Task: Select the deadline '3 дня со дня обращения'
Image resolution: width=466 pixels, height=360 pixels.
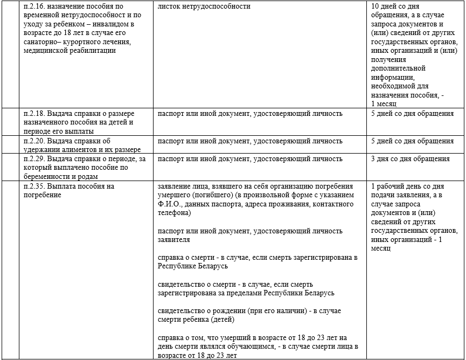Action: click(x=411, y=159)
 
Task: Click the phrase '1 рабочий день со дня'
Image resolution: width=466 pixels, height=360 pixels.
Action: click(x=407, y=186)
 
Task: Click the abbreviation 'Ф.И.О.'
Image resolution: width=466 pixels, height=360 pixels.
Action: click(x=169, y=204)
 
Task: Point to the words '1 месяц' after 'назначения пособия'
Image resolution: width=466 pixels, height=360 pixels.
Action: click(x=384, y=103)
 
